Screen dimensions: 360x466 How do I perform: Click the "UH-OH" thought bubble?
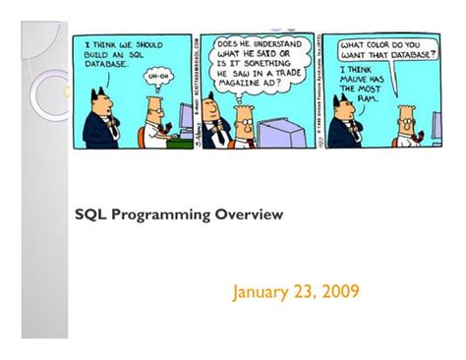tap(157, 76)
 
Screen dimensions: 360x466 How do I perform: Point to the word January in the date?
tap(262, 291)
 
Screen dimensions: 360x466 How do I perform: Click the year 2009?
tap(339, 291)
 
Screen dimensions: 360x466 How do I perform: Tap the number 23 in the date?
tap(306, 291)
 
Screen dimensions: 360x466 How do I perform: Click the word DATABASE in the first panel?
tap(106, 64)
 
